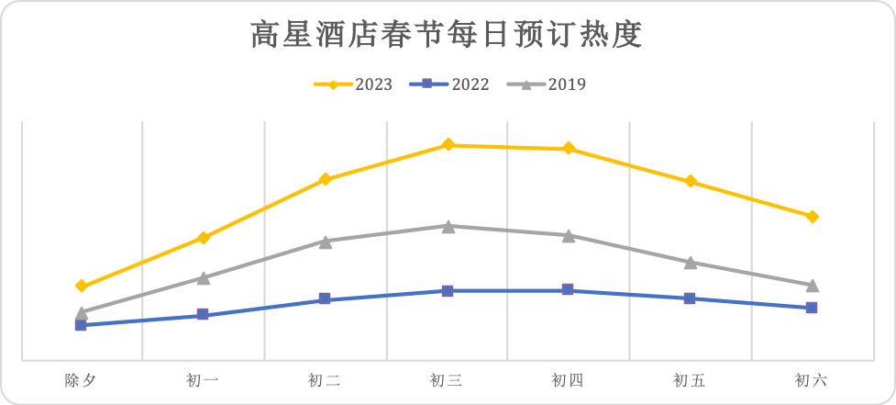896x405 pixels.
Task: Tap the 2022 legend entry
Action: [x=449, y=84]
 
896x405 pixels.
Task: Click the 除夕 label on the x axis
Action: [x=81, y=380]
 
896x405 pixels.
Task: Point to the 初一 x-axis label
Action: [x=203, y=380]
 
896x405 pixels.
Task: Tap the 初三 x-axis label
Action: [x=447, y=380]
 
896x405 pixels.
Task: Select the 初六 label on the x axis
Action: [x=812, y=380]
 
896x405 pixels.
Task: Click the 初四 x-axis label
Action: [x=569, y=380]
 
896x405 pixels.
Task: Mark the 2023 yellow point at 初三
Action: [x=448, y=144]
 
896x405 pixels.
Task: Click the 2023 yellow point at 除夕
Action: [x=81, y=286]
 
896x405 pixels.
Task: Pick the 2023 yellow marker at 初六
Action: [x=812, y=217]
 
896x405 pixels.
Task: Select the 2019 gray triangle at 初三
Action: [x=448, y=226]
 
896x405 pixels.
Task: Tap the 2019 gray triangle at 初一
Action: [x=203, y=277]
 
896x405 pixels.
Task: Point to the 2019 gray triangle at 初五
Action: [x=690, y=263]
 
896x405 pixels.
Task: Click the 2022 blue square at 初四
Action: [x=569, y=290]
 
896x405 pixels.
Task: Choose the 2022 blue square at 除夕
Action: [x=81, y=325]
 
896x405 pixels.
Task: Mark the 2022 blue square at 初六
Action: [x=812, y=308]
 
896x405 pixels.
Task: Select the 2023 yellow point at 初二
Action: [x=326, y=179]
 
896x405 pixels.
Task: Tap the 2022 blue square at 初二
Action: [x=326, y=299]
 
